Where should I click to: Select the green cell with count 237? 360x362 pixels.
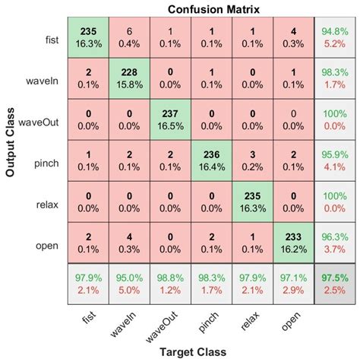coord(170,118)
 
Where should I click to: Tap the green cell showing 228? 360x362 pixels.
coord(129,77)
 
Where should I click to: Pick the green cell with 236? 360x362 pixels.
coord(210,159)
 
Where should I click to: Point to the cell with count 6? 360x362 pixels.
coord(129,37)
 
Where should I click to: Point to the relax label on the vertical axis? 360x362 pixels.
coord(49,200)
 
